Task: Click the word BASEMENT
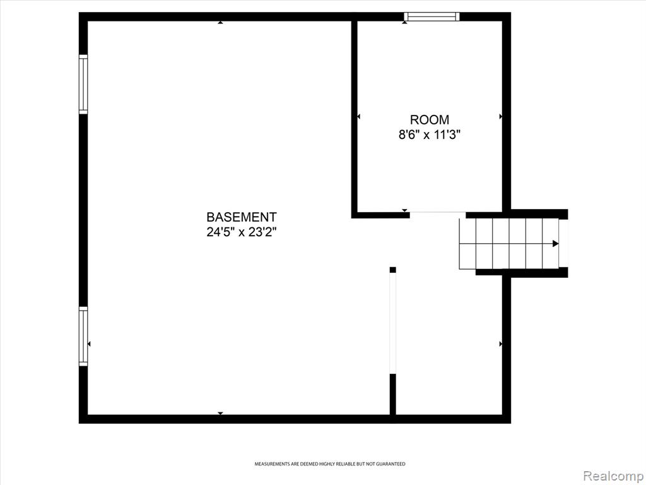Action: (x=242, y=217)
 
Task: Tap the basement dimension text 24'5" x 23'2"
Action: (x=242, y=232)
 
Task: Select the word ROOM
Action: (x=429, y=119)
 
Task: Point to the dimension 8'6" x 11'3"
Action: (x=429, y=135)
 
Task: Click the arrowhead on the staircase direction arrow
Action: (x=555, y=244)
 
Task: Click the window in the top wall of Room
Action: (x=432, y=16)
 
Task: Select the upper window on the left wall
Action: (x=83, y=84)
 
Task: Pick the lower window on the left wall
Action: (x=83, y=336)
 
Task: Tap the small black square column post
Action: (x=392, y=270)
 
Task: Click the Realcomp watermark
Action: (x=614, y=476)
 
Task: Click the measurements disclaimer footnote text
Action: (x=329, y=464)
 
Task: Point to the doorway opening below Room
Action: (x=438, y=213)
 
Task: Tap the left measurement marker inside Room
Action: (x=358, y=117)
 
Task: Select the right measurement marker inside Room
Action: (x=500, y=117)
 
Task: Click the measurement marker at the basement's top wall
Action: (x=220, y=23)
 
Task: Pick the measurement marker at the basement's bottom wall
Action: (x=220, y=413)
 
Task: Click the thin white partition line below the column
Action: (x=392, y=323)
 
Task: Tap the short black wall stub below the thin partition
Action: (x=392, y=394)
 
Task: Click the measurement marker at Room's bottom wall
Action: (x=404, y=210)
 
